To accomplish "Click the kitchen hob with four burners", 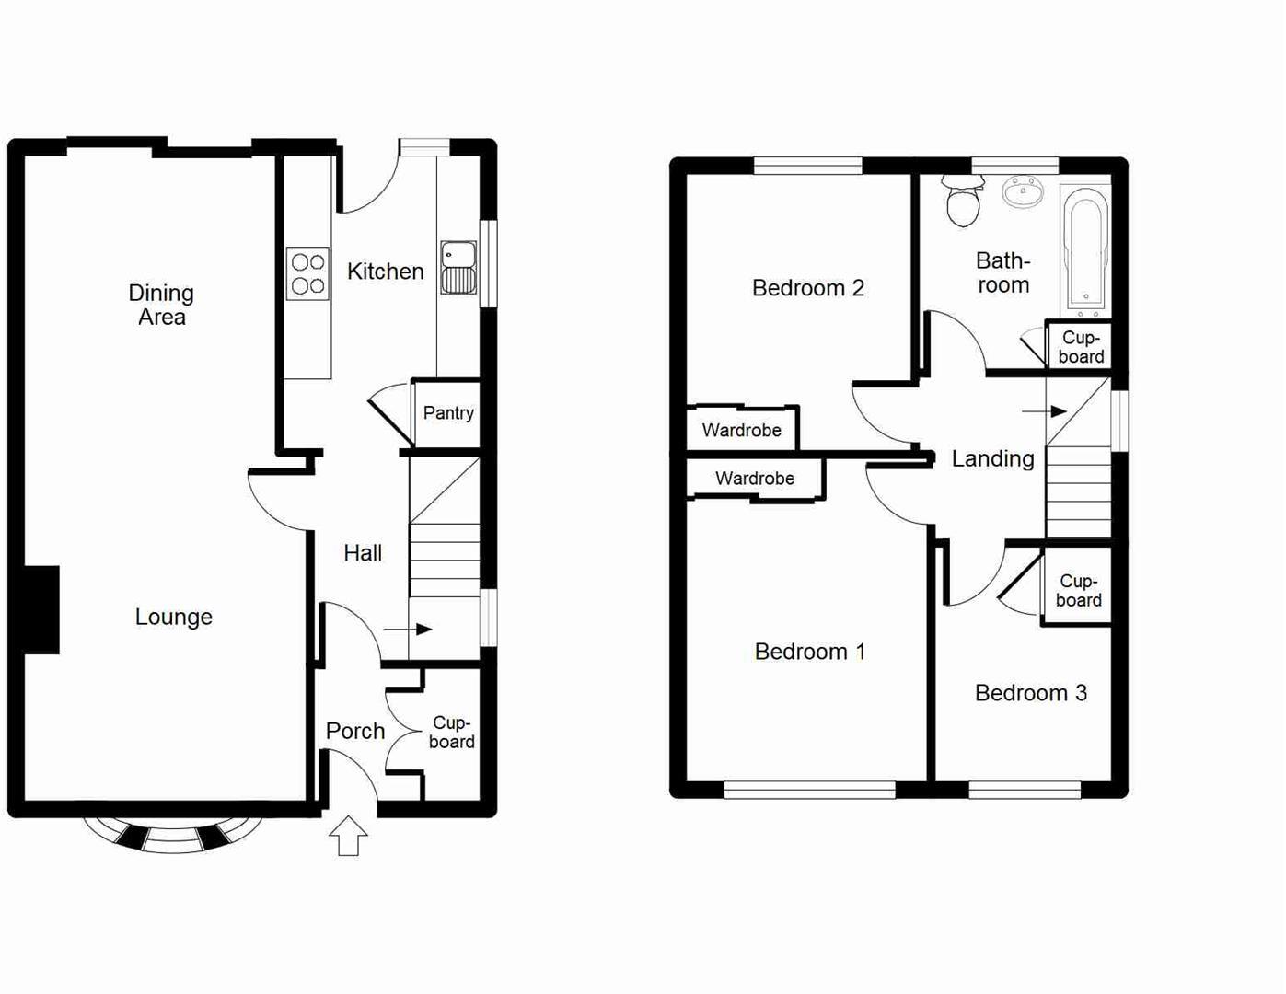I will pos(307,273).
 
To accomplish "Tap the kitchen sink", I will pos(458,268).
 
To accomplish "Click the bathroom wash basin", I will pos(1023,192).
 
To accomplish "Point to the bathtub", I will pos(1086,247).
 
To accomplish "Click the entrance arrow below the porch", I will pos(348,836).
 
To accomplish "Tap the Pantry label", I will pos(448,413).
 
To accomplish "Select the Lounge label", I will pos(173,617).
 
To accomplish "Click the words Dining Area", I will pos(161,305).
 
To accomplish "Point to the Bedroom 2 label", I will pos(807,288).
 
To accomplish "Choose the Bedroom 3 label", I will pos(1030,693).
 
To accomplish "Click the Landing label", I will pos(992,458).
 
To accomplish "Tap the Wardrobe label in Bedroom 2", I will pos(741,430).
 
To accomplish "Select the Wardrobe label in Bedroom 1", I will pos(754,479).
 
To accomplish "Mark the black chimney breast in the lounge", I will pos(41,609).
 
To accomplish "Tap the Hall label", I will pos(363,553).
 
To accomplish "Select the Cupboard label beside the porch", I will pos(451,733).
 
